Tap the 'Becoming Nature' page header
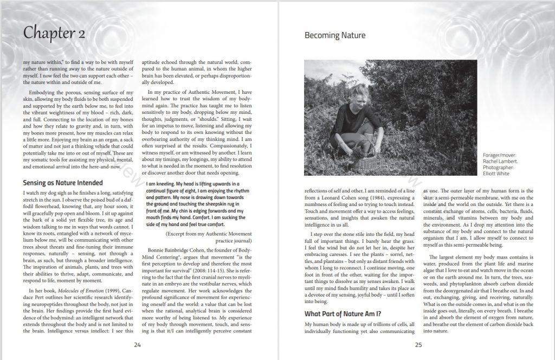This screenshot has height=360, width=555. coord(334,36)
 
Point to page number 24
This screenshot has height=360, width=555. coord(137,344)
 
